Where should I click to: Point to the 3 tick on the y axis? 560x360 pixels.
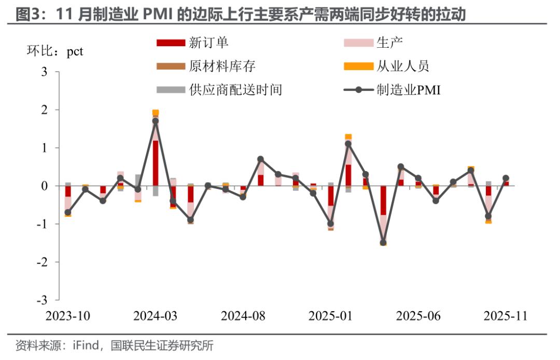[44, 72]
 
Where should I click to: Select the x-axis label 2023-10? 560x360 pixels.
[68, 316]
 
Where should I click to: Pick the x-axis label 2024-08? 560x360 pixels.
[243, 316]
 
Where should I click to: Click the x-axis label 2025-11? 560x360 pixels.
[506, 316]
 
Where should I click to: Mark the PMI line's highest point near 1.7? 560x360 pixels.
[156, 121]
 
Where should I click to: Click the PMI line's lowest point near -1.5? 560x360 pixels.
[383, 243]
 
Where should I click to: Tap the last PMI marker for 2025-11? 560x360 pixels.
[506, 178]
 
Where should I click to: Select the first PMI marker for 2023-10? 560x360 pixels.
[68, 212]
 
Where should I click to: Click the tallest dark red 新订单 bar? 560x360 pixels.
[156, 163]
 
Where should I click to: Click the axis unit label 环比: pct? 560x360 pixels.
[54, 52]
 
